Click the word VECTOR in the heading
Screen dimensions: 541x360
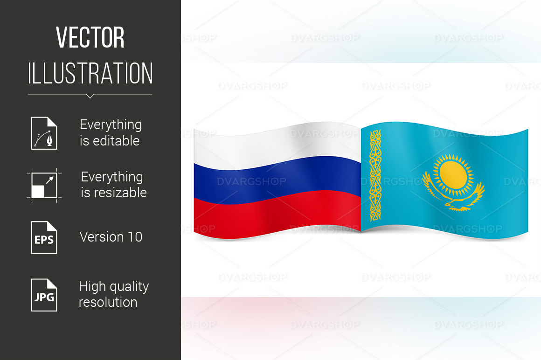90,37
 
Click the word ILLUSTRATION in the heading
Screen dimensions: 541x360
90,73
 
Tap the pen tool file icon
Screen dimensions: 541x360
44,133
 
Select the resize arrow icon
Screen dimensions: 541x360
44,185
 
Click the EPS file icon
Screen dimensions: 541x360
44,237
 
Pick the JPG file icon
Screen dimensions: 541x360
44,295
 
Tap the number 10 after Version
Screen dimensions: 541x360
135,237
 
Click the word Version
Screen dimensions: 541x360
102,237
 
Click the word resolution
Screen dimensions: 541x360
108,303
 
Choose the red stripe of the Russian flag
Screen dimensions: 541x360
277,214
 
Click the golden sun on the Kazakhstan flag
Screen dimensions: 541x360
453,174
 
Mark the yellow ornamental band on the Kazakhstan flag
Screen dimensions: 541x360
375,175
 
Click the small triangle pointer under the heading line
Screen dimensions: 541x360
90,96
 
